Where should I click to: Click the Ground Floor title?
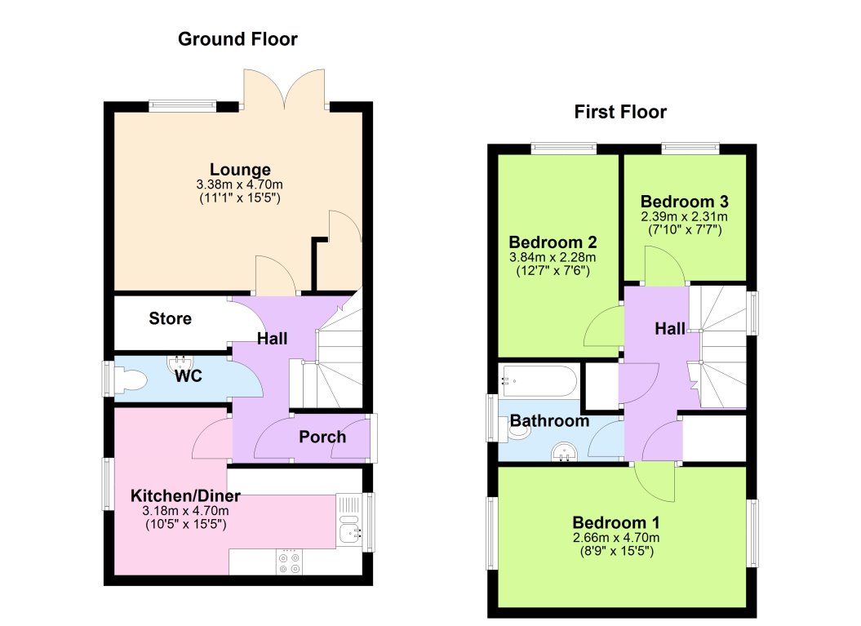coord(237,38)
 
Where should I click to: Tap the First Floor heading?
coord(620,112)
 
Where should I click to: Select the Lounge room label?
coord(240,170)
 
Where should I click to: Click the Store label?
coord(171,318)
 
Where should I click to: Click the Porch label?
coord(322,437)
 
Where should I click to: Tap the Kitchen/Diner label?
coord(185,495)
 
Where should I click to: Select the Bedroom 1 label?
coord(616,522)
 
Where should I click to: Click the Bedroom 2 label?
coord(553,242)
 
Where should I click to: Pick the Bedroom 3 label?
coord(684,202)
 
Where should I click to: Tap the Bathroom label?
coord(549,421)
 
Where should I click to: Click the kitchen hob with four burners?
coord(288,562)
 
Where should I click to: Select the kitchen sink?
coord(350,535)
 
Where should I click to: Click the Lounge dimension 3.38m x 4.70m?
coord(240,185)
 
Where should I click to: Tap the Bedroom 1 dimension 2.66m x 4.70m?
coord(616,537)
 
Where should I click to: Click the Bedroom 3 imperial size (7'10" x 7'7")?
coord(684,230)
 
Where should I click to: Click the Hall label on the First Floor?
coord(670,329)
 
